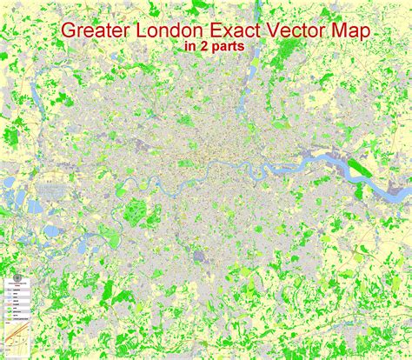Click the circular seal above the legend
[x=17, y=282]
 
